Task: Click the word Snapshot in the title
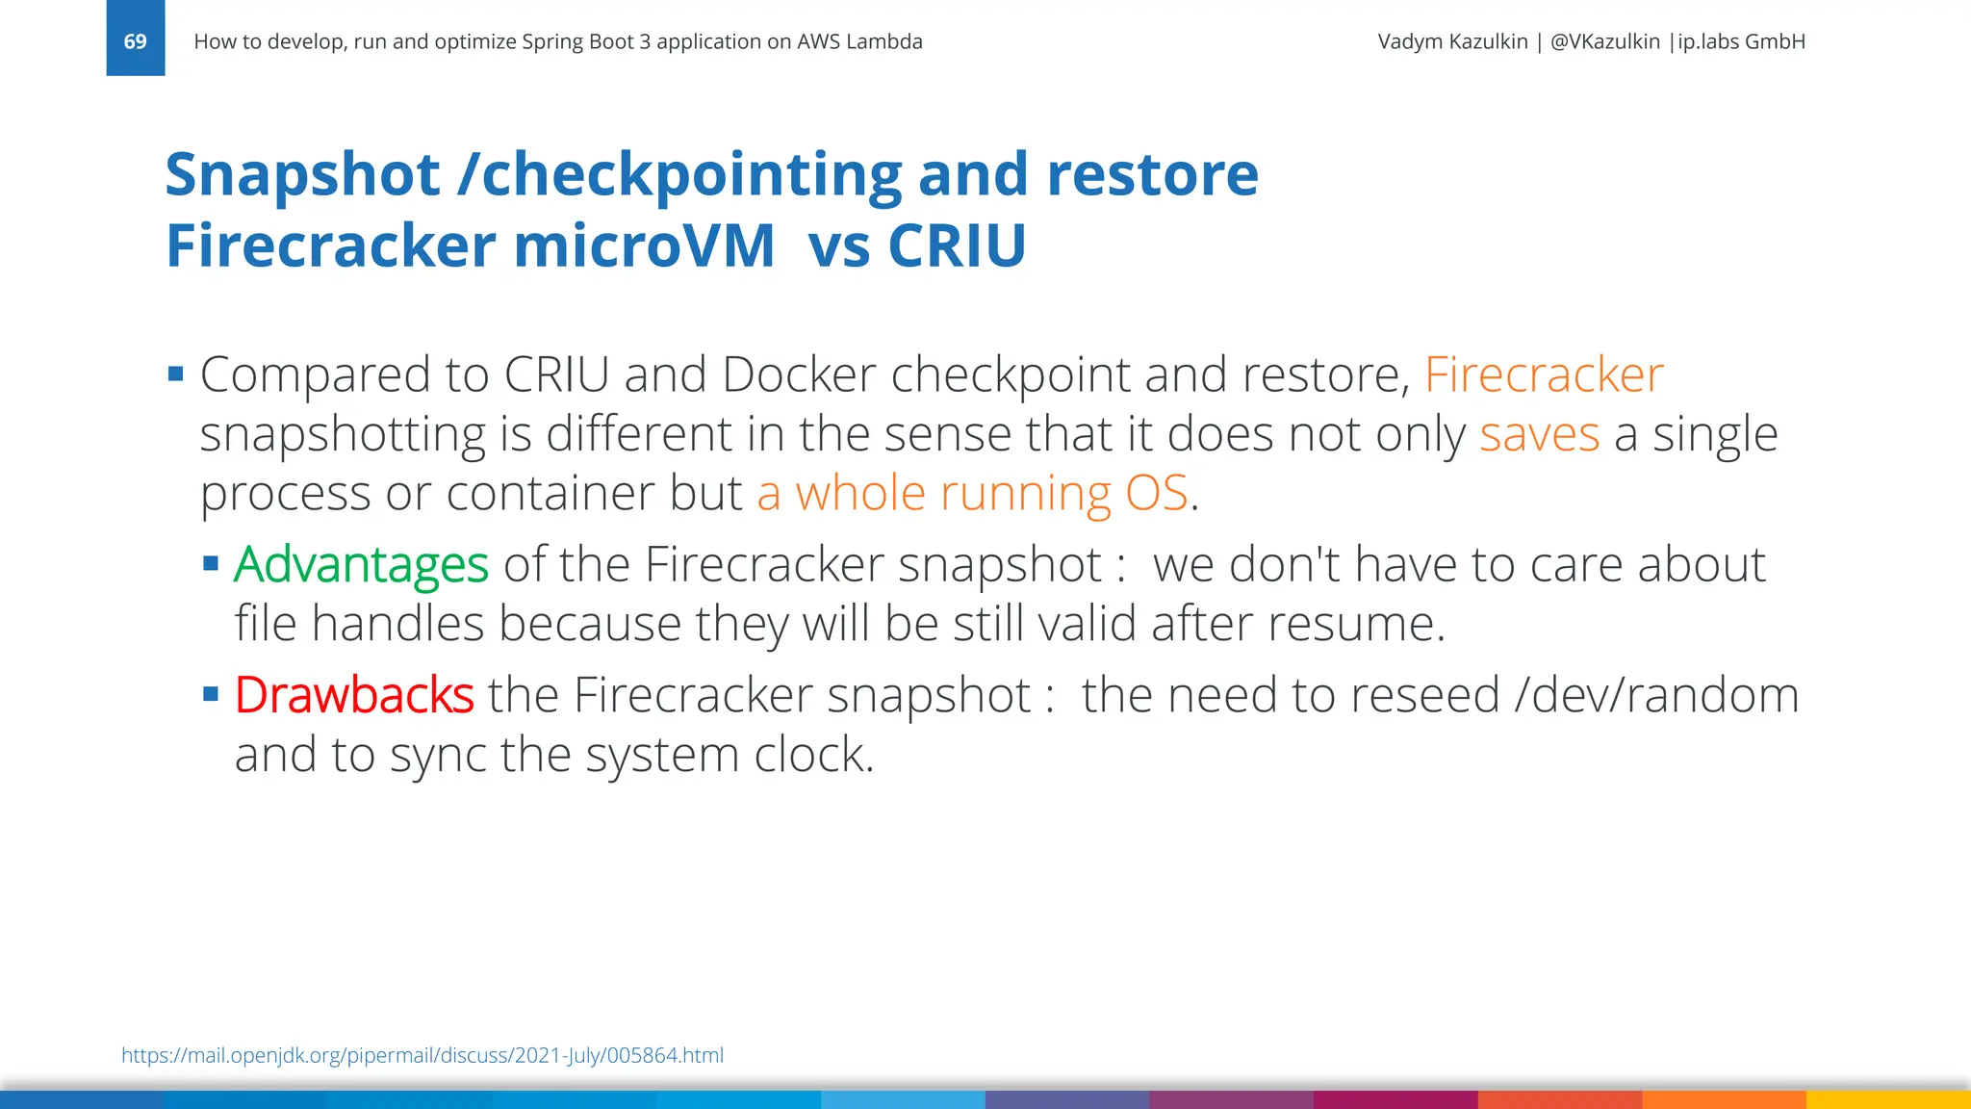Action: (302, 174)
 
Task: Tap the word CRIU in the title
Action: (957, 245)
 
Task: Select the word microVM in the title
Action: (644, 245)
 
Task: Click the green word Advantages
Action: (361, 564)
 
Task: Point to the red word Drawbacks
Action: (354, 695)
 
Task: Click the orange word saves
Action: (1539, 434)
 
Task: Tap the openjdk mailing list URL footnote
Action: (422, 1055)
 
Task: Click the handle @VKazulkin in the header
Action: (1604, 41)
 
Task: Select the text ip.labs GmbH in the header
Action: (1741, 41)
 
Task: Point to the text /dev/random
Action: (1655, 695)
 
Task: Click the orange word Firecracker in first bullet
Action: (1543, 374)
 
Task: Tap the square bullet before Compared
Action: (175, 374)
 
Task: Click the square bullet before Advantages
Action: (211, 564)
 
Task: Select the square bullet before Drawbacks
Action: (211, 694)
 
